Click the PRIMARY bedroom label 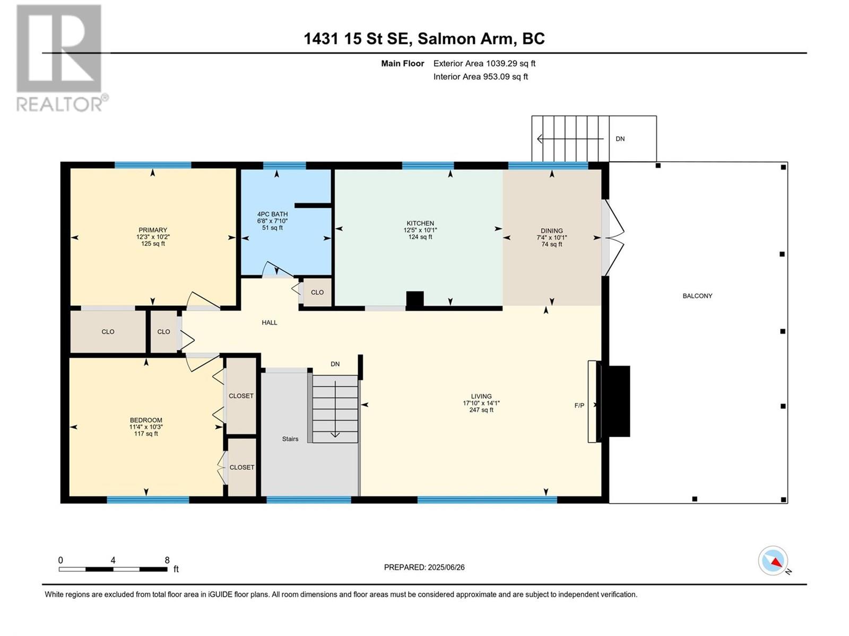coord(153,230)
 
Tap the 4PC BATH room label coord(272,214)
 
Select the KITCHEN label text coord(420,223)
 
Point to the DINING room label coord(552,231)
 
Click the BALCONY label coord(697,296)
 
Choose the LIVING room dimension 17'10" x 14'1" coord(481,403)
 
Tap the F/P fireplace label coord(579,405)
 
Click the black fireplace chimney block coord(616,401)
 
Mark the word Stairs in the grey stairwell coord(290,439)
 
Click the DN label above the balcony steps coord(620,139)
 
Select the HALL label coord(270,322)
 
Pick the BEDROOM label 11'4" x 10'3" coord(146,426)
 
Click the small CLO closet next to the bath coord(317,292)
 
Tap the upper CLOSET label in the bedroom coord(241,396)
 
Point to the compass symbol coord(773,561)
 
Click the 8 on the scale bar coord(167,560)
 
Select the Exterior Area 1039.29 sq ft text coord(484,63)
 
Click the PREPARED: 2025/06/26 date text coord(424,567)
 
